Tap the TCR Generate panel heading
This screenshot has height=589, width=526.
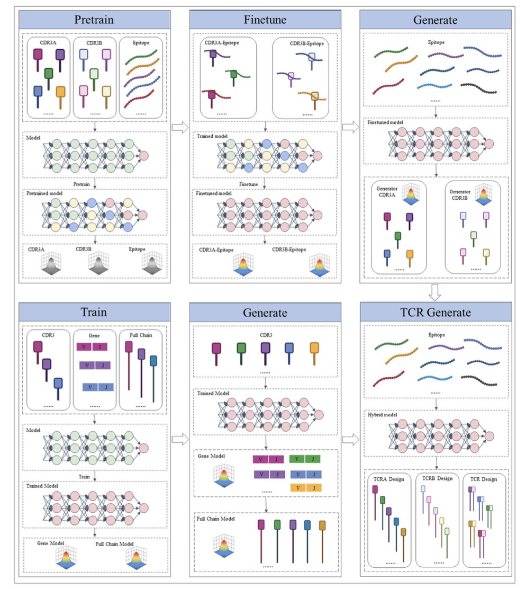436,313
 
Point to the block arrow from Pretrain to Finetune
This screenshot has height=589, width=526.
180,127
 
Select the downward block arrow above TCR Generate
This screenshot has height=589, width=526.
435,291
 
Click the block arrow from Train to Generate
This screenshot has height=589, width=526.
180,438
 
